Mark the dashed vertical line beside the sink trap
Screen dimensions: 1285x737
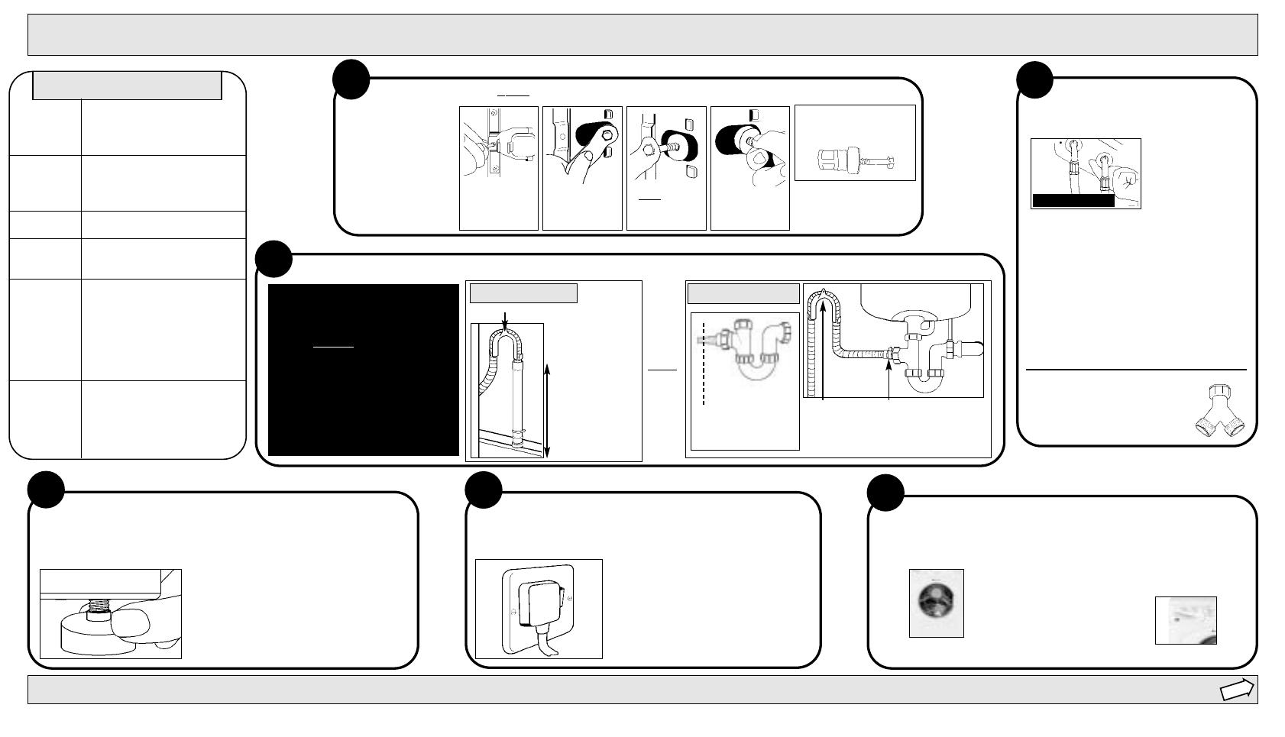click(702, 363)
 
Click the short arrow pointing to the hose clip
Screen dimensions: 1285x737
click(889, 378)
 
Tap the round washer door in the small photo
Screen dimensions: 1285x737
click(936, 601)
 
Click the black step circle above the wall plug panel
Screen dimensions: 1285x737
click(484, 490)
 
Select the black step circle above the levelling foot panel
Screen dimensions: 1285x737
click(46, 490)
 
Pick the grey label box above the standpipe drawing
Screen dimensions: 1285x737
click(523, 293)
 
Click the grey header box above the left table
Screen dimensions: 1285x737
click(127, 86)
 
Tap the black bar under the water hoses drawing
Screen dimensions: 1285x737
click(1073, 201)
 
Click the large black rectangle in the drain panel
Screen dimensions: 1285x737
click(363, 370)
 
